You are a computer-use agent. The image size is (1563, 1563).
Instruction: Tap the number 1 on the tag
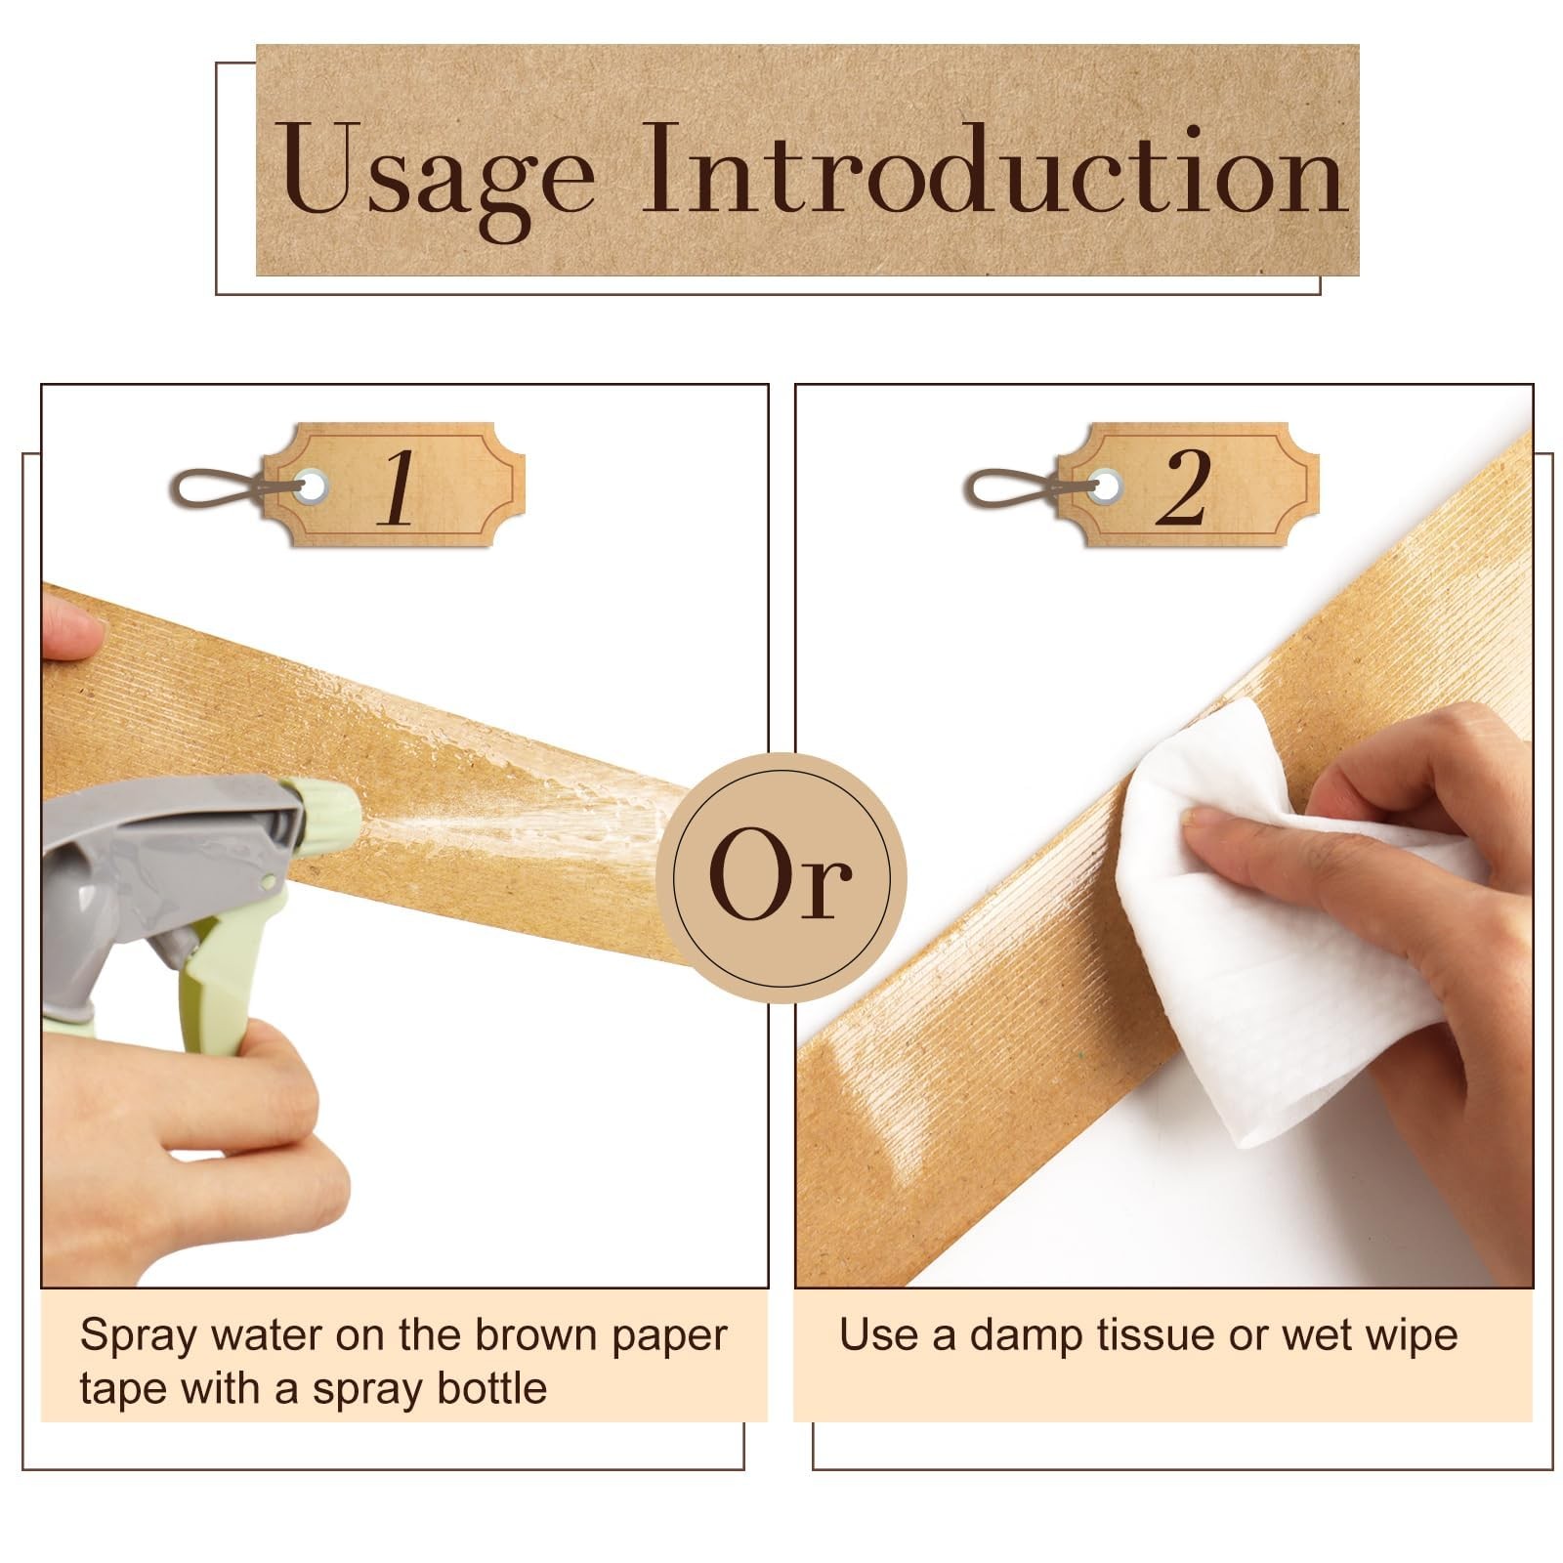(x=398, y=487)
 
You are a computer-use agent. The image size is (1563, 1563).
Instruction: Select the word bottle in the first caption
(x=491, y=1388)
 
